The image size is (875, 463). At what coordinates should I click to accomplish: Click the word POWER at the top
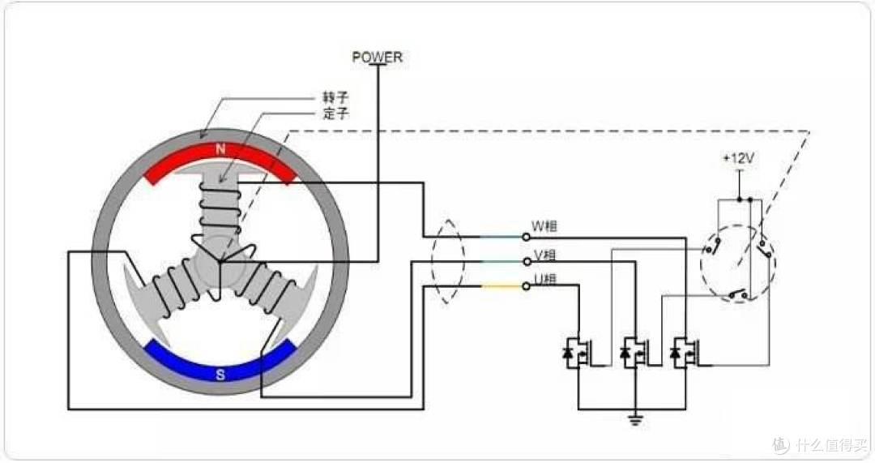point(377,57)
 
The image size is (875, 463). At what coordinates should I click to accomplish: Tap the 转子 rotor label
point(335,97)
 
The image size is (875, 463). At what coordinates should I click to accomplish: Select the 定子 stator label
point(335,114)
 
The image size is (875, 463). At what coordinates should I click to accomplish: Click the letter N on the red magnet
point(220,150)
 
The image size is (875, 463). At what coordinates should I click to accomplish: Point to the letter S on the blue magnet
point(220,374)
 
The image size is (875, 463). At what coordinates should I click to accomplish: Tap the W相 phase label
point(544,226)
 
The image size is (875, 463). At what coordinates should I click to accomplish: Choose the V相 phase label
point(544,255)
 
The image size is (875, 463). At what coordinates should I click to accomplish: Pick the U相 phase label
point(544,278)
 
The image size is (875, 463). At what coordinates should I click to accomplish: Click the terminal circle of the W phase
point(526,237)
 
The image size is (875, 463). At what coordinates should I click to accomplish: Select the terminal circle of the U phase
point(526,286)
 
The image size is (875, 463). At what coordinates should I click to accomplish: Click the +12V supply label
point(738,159)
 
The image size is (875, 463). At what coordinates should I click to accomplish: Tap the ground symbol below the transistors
point(636,419)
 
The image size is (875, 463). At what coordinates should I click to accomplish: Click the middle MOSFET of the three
point(635,353)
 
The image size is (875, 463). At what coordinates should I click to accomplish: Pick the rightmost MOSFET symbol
point(685,353)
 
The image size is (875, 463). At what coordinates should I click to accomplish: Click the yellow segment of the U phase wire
point(502,286)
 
